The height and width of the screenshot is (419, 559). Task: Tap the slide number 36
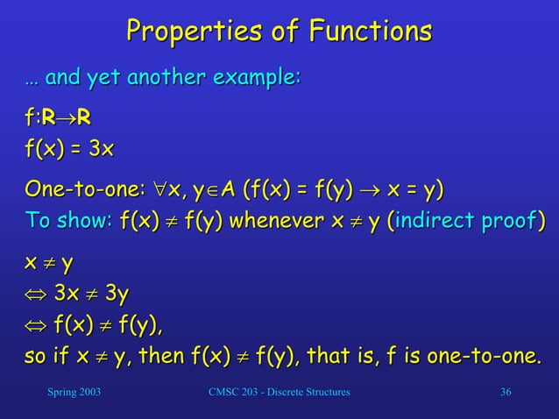point(505,391)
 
